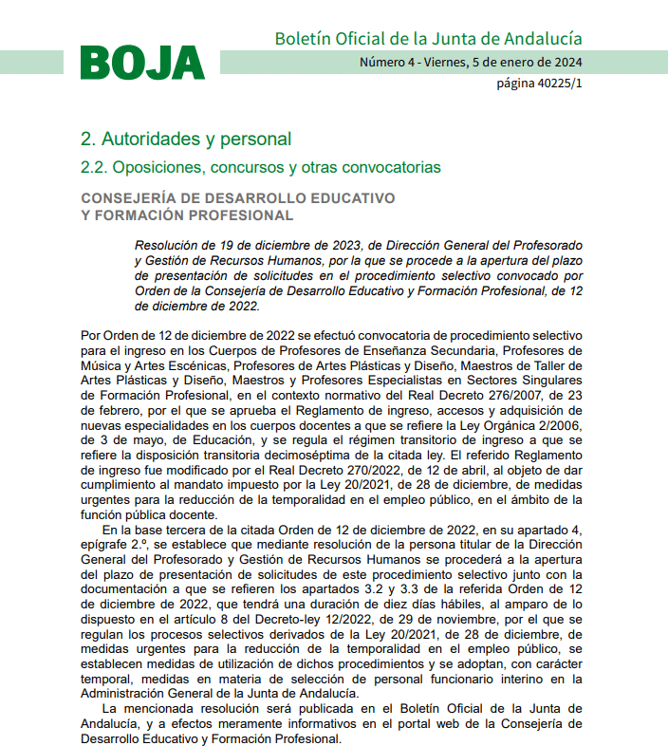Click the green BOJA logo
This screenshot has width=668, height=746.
click(142, 64)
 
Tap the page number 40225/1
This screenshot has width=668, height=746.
click(539, 84)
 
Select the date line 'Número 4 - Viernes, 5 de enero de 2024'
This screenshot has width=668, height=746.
click(471, 63)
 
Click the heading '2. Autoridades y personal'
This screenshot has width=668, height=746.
click(186, 139)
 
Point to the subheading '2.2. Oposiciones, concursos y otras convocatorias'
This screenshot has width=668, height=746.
click(261, 167)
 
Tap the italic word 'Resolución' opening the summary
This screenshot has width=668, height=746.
click(169, 245)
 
